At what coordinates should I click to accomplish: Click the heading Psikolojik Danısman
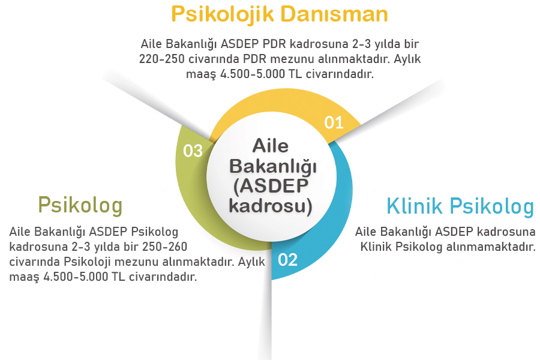point(279,14)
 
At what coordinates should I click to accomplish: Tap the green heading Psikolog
point(80,205)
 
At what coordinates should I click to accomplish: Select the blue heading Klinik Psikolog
point(460,206)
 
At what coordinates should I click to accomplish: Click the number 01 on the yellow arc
point(334,123)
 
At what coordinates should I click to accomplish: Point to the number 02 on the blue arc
point(287,260)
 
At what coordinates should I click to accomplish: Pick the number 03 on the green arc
point(193,151)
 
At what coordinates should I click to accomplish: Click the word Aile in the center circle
point(271,146)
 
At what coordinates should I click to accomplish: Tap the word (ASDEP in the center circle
point(271,187)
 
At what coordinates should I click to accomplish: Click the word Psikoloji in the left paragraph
point(81,262)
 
